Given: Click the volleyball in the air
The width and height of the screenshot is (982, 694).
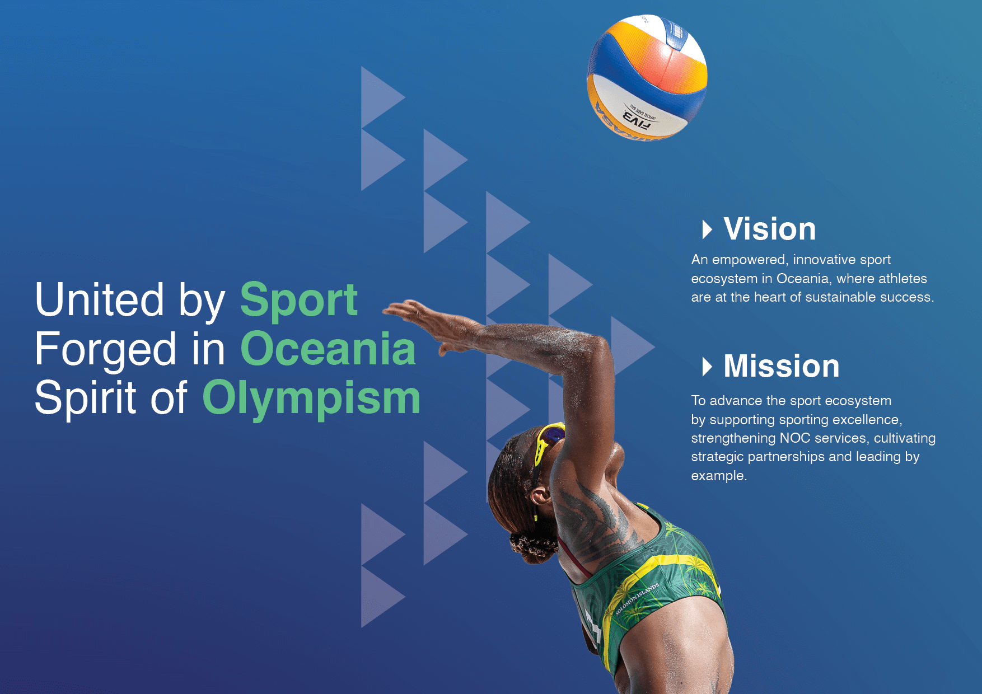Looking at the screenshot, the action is pyautogui.click(x=647, y=77).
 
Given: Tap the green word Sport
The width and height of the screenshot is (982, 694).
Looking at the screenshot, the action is pyautogui.click(x=299, y=300).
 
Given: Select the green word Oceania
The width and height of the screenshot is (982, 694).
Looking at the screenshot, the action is pyautogui.click(x=328, y=349).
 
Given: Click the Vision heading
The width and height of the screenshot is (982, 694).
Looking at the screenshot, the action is pyautogui.click(x=769, y=229).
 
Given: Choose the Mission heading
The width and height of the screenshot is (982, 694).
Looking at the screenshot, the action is pyautogui.click(x=782, y=366).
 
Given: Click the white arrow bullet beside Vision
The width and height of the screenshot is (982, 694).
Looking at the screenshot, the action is pyautogui.click(x=707, y=229).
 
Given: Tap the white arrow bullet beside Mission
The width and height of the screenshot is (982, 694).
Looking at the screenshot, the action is pyautogui.click(x=707, y=367).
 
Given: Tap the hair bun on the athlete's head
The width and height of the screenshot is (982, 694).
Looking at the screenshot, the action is pyautogui.click(x=532, y=546).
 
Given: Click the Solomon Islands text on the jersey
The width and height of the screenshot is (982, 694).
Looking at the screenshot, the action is pyautogui.click(x=637, y=599).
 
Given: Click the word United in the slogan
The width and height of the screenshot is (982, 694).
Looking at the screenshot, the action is pyautogui.click(x=99, y=299).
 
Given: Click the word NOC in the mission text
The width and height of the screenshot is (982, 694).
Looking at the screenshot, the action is pyautogui.click(x=795, y=438).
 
